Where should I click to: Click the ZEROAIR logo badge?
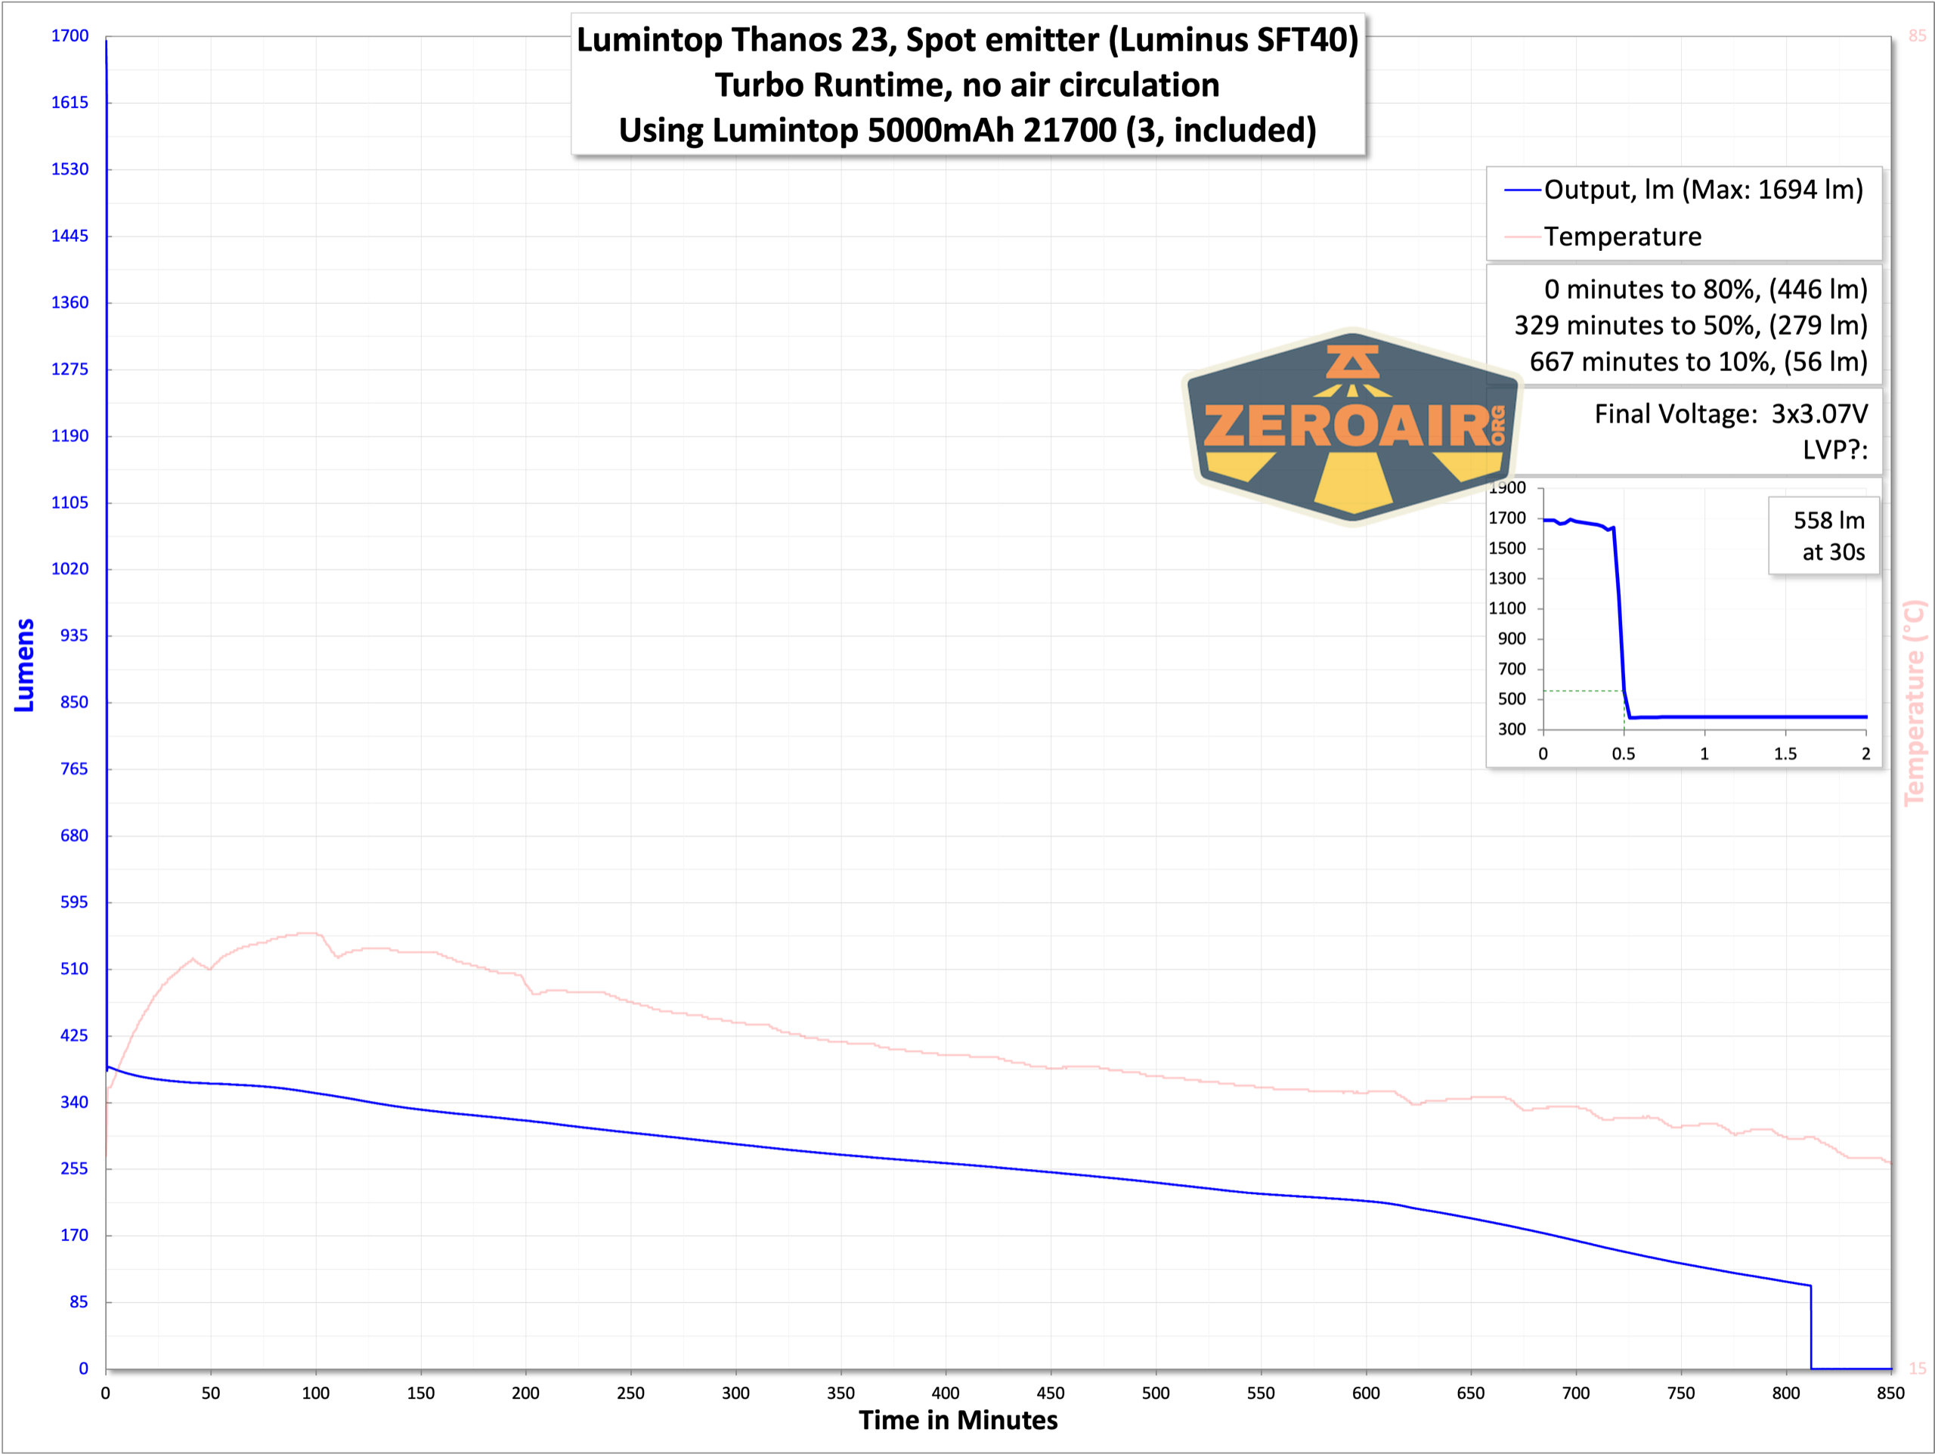(1351, 427)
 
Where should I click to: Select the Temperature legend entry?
(1622, 237)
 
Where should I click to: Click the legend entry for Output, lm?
(1702, 190)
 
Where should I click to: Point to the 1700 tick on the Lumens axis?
(70, 36)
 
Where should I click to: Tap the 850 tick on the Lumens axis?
(73, 701)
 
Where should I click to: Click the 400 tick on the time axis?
(946, 1393)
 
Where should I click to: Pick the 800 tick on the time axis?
(1785, 1393)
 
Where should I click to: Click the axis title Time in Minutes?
(958, 1420)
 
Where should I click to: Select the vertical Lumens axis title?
(24, 665)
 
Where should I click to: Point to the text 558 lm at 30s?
(1828, 535)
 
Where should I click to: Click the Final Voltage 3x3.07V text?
(1730, 414)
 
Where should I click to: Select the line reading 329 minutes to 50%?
(1690, 326)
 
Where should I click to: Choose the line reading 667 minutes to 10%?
(1698, 361)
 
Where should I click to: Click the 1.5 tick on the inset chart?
(1785, 753)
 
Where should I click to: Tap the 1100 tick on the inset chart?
(1507, 608)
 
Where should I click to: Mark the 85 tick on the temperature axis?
(1917, 36)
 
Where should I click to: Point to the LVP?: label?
(1834, 450)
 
